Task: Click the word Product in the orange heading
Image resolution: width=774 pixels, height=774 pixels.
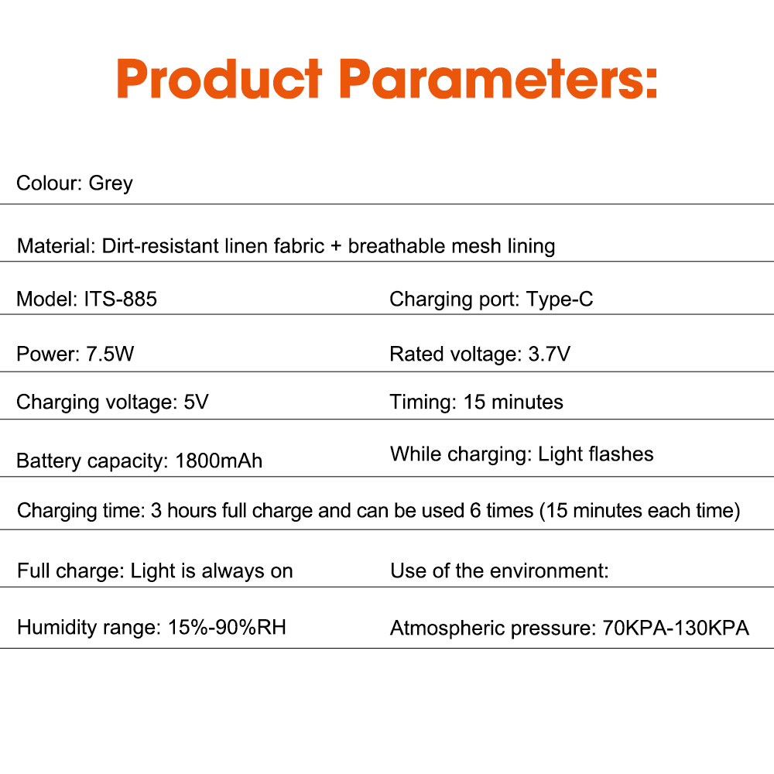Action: [219, 79]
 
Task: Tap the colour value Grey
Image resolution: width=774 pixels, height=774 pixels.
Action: [111, 183]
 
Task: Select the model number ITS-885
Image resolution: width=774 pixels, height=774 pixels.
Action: [120, 299]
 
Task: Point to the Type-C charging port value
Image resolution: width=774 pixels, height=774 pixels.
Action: [560, 299]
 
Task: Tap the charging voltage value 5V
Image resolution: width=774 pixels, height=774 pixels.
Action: [197, 402]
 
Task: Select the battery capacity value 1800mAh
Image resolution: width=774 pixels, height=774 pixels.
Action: [219, 461]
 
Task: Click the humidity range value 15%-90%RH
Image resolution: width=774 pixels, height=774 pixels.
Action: [227, 627]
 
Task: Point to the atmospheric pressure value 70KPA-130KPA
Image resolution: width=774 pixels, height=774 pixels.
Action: [676, 628]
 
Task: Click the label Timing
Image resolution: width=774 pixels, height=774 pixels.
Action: [423, 402]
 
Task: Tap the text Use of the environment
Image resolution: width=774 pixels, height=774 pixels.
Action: [499, 572]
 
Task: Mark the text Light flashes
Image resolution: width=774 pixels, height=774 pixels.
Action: [596, 454]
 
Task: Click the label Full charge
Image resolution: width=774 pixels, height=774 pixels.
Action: [70, 572]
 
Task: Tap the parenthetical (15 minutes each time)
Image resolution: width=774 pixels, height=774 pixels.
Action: [640, 511]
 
